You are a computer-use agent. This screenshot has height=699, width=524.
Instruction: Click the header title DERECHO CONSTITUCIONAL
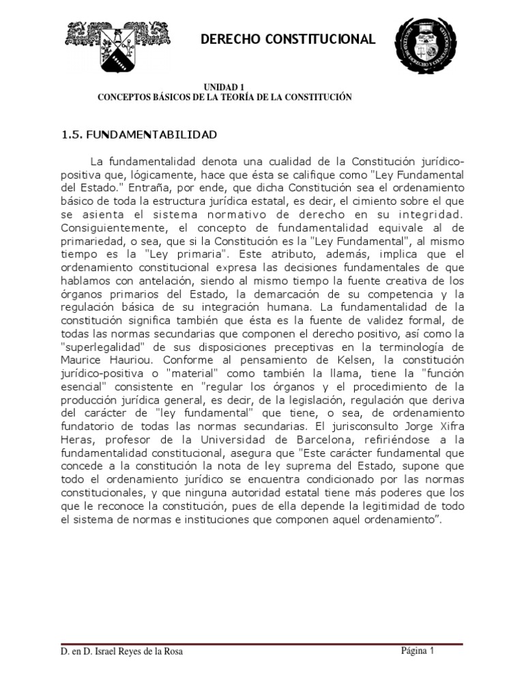point(287,40)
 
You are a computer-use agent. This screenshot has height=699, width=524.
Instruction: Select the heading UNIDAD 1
point(224,87)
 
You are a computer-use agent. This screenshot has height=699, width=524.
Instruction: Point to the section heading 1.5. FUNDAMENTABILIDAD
point(139,134)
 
